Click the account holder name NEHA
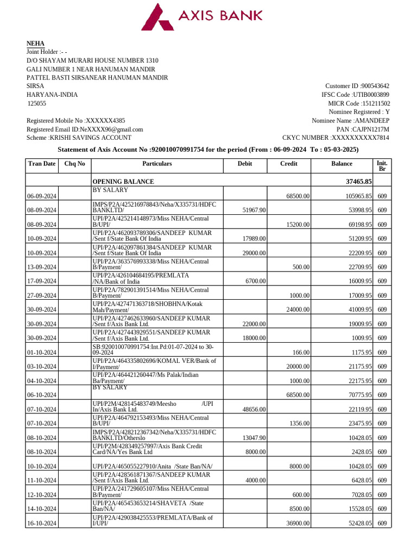(36, 44)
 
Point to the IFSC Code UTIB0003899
(371, 95)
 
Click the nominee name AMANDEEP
(371, 121)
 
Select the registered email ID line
(85, 129)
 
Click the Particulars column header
(157, 164)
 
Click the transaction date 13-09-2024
(42, 268)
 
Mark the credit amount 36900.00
(297, 523)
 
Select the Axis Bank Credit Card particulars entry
(147, 449)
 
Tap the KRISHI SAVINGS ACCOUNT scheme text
(79, 138)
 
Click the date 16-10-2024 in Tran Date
(42, 523)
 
